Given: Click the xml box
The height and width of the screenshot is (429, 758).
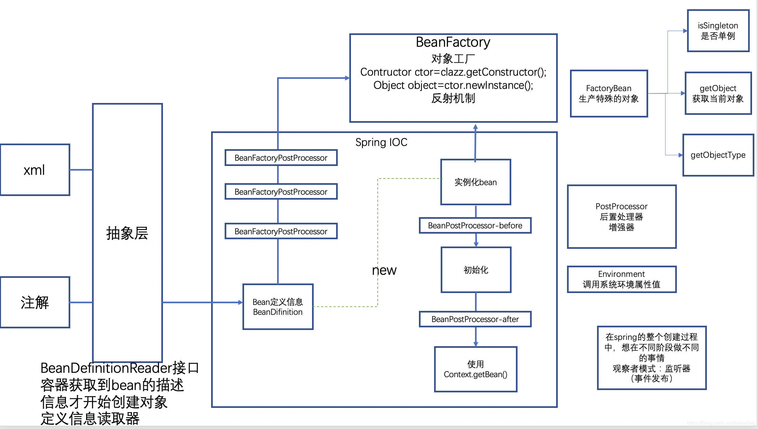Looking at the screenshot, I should [x=35, y=170].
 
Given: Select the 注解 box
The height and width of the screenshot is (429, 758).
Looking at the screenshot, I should [x=35, y=302].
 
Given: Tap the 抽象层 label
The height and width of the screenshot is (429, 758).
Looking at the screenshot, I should [x=127, y=233].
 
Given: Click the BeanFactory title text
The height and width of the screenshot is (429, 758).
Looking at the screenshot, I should [x=453, y=42].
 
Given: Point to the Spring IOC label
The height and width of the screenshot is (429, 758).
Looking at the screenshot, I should [x=381, y=142].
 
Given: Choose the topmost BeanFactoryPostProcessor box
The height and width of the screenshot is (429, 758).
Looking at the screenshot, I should [x=281, y=158].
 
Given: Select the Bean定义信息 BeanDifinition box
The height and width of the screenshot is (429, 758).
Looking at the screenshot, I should [x=278, y=307].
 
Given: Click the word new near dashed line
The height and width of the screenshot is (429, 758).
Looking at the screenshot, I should [x=384, y=270].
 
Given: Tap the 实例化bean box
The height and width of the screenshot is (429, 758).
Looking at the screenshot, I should [x=476, y=182].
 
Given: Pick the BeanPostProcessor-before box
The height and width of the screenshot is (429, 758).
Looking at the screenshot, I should [x=475, y=225].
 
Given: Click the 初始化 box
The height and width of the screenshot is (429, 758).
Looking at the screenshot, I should [x=476, y=270].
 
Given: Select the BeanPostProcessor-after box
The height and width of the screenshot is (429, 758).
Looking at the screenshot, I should [x=475, y=319].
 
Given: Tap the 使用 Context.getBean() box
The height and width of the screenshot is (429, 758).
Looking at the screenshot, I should [x=476, y=369].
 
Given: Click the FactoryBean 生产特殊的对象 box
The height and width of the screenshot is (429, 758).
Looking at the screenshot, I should [x=609, y=93].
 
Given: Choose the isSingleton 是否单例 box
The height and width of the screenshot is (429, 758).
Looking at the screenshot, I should [x=718, y=31].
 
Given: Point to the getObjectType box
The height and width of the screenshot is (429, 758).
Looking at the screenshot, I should [x=718, y=155].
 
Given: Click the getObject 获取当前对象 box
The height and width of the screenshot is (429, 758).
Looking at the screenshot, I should [x=718, y=93].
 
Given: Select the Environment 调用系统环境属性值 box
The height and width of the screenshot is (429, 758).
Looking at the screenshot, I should [x=621, y=279].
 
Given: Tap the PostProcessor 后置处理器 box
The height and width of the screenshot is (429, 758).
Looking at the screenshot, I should [x=621, y=216].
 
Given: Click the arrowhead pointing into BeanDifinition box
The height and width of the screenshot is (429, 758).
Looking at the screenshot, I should [x=240, y=302].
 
